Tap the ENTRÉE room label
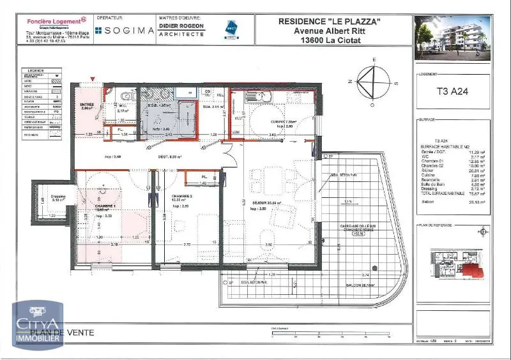tap(86, 106)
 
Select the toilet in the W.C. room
tap(127, 95)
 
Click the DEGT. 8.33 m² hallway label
tap(170, 156)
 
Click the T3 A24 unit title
tap(452, 91)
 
